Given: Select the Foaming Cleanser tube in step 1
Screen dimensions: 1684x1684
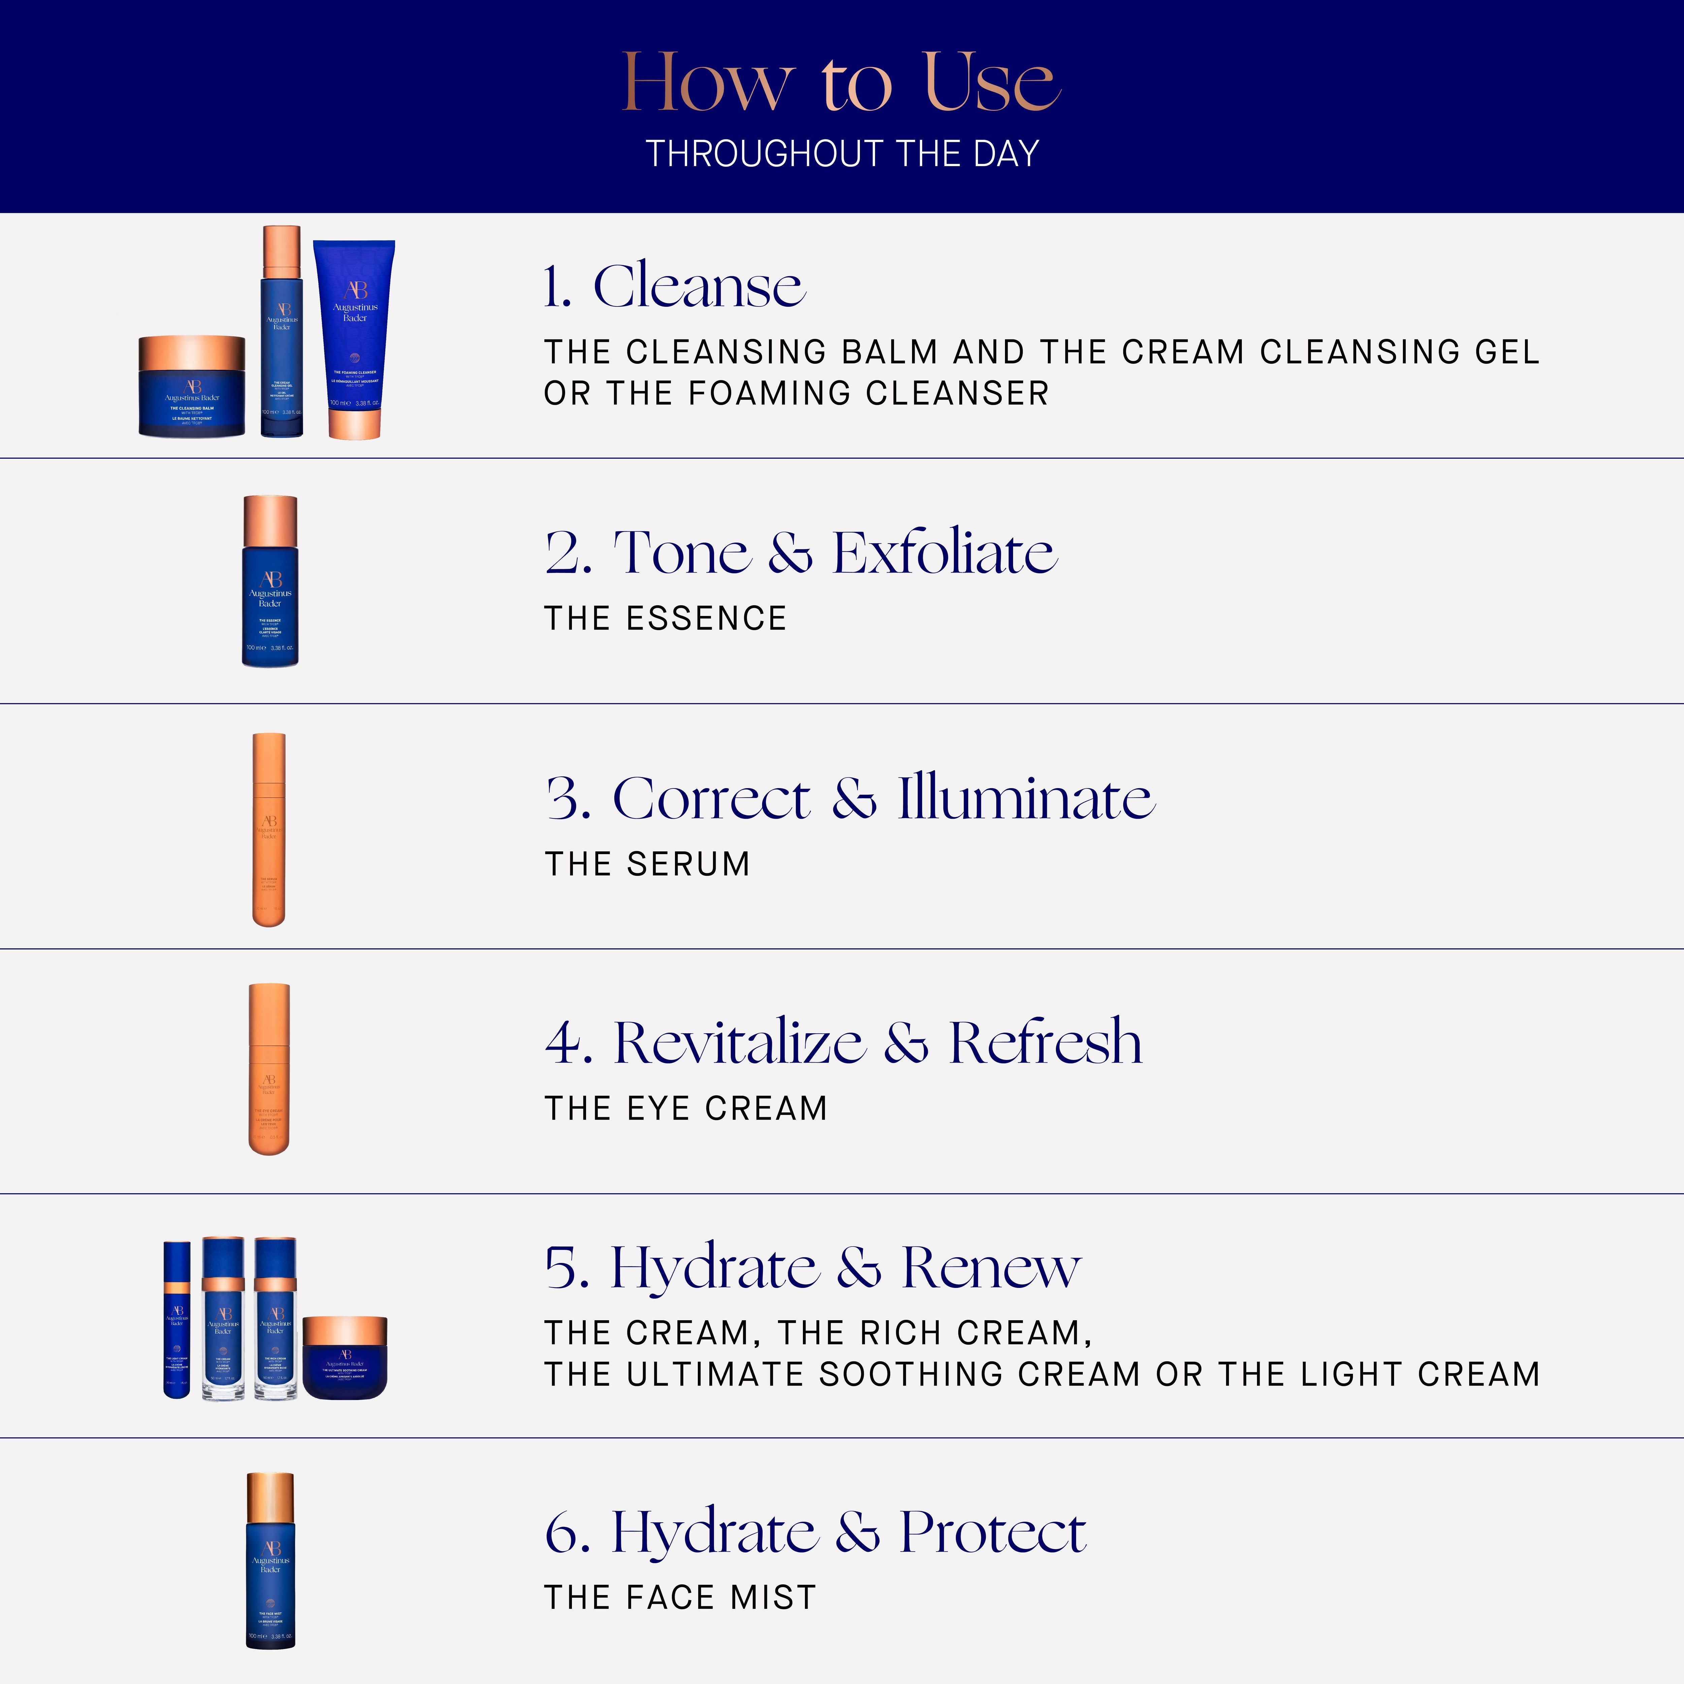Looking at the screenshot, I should pyautogui.click(x=355, y=340).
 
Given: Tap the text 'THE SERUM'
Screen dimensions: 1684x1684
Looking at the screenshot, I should pyautogui.click(x=647, y=864).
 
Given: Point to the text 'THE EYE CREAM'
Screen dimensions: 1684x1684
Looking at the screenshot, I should pyautogui.click(x=685, y=1108).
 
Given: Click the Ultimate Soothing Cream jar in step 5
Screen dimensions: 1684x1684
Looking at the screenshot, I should pyautogui.click(x=345, y=1357).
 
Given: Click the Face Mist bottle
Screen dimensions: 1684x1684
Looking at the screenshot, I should pyautogui.click(x=270, y=1560).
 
